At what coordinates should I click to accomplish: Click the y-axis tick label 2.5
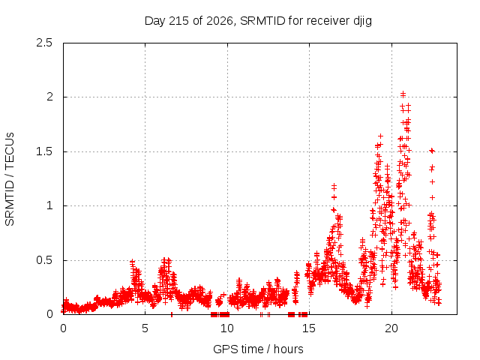coord(44,43)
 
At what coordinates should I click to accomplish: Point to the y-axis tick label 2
coord(49,97)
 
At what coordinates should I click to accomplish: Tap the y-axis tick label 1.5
coord(44,151)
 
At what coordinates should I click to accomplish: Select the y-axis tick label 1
coord(50,205)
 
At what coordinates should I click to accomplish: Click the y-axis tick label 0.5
coord(44,260)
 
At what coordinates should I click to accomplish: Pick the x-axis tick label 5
coord(145,328)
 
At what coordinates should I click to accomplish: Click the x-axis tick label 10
coord(226,328)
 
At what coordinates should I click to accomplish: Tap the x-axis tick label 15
coord(309,328)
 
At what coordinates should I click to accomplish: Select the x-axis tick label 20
coord(391,328)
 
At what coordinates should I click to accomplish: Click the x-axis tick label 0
coord(63,328)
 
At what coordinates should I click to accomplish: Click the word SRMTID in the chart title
coord(262,21)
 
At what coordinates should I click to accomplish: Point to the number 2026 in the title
coord(220,21)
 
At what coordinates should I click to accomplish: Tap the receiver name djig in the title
coord(363,22)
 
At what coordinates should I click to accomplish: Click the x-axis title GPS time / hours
coord(258,349)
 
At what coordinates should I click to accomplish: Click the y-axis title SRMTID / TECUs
coord(10,179)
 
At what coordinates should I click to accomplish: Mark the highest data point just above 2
coord(403,94)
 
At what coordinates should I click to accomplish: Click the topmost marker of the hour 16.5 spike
coord(334,186)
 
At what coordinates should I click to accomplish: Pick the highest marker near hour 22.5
coord(432,150)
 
